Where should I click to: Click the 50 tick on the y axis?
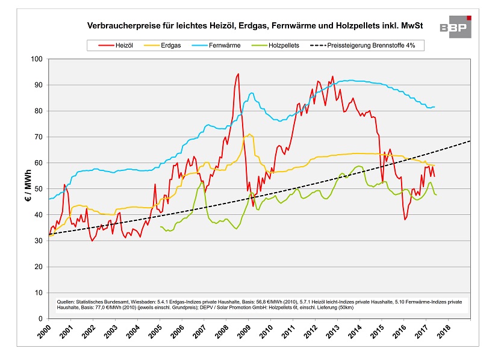pos(38,189)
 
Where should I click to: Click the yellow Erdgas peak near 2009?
pos(249,134)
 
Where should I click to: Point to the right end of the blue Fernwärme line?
pos(435,107)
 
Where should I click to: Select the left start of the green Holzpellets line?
pos(160,227)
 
